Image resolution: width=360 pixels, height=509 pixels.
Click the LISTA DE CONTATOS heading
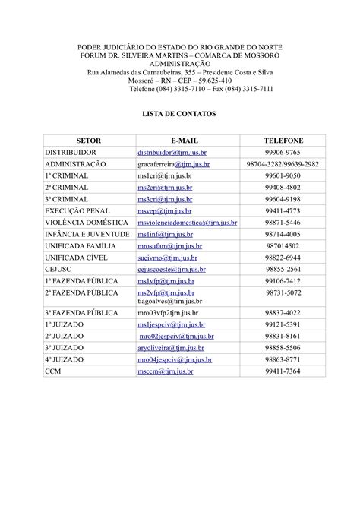[x=180, y=113]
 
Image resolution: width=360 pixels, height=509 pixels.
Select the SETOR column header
[x=89, y=141]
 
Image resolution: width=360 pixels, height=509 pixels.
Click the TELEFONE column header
[x=283, y=141]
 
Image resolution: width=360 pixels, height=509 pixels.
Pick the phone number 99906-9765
[x=283, y=153]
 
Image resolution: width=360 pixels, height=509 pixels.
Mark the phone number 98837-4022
[x=283, y=312]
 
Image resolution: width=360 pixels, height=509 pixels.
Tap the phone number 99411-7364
[x=283, y=371]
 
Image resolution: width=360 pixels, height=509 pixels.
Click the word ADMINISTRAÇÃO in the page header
[x=180, y=65]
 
